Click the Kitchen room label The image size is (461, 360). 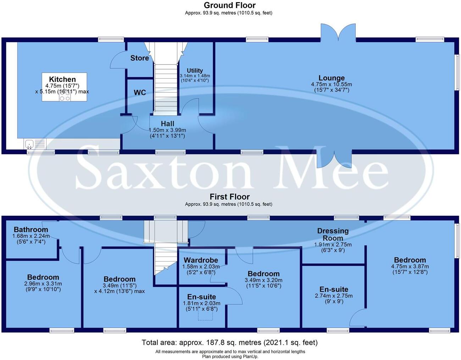pyautogui.click(x=62, y=79)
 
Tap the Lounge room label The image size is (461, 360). pyautogui.click(x=331, y=78)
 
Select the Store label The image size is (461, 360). pyautogui.click(x=139, y=58)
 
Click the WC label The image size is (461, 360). pyautogui.click(x=140, y=92)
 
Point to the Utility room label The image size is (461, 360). pyautogui.click(x=195, y=71)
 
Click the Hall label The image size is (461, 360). pyautogui.click(x=167, y=124)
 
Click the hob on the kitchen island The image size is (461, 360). pyautogui.click(x=65, y=98)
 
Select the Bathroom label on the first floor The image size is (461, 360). pyautogui.click(x=30, y=230)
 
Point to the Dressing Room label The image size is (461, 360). pyautogui.click(x=333, y=234)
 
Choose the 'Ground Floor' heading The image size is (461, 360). pyautogui.click(x=229, y=5)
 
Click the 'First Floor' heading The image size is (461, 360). pyautogui.click(x=229, y=197)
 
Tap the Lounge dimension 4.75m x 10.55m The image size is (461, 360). pyautogui.click(x=331, y=84)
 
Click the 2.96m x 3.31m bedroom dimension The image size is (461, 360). pyautogui.click(x=43, y=283)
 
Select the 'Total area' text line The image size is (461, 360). pyautogui.click(x=229, y=343)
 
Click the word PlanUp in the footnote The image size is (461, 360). pyautogui.click(x=250, y=356)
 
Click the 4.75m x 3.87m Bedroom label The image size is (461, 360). pyautogui.click(x=410, y=260)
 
